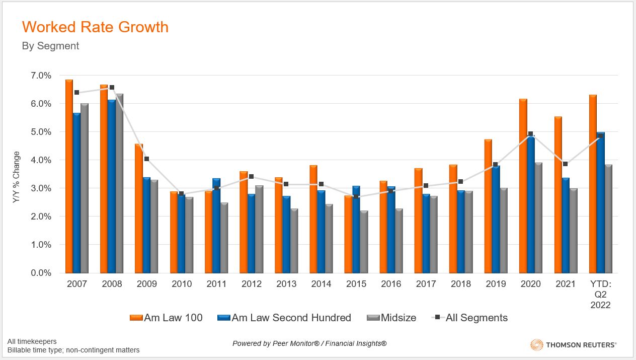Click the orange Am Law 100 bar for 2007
pyautogui.click(x=69, y=176)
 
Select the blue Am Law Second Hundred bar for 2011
pyautogui.click(x=216, y=226)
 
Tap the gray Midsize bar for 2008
pyautogui.click(x=119, y=183)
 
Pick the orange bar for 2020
pyautogui.click(x=523, y=186)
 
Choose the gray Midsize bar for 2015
pyautogui.click(x=364, y=242)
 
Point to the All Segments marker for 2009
pyautogui.click(x=146, y=159)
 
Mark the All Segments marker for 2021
pyautogui.click(x=565, y=164)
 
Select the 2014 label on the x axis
pyautogui.click(x=321, y=284)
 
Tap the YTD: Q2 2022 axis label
pyautogui.click(x=600, y=295)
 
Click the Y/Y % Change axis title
pyautogui.click(x=17, y=177)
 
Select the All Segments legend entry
pyautogui.click(x=470, y=318)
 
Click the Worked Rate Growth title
pyautogui.click(x=95, y=27)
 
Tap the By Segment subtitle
pyautogui.click(x=50, y=46)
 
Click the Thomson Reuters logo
pyautogui.click(x=573, y=345)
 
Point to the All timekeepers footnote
pyautogui.click(x=32, y=341)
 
